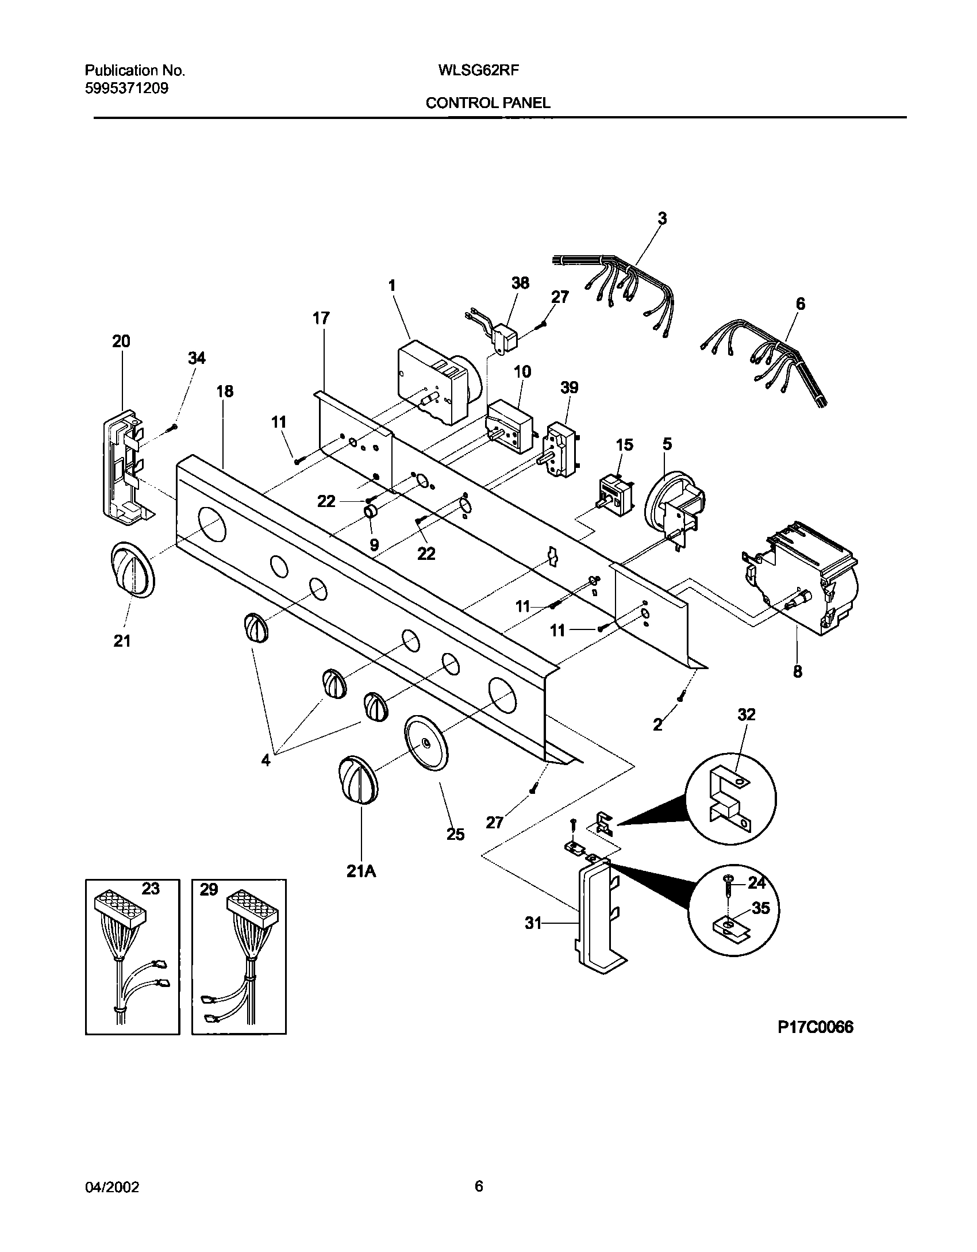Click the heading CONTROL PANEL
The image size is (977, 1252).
tap(487, 103)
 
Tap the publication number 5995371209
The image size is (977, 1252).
tap(126, 89)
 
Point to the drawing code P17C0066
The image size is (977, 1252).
tap(815, 1027)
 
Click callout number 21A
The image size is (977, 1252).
tap(361, 872)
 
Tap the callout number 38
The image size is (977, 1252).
tap(520, 283)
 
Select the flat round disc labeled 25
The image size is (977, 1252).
tap(426, 743)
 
